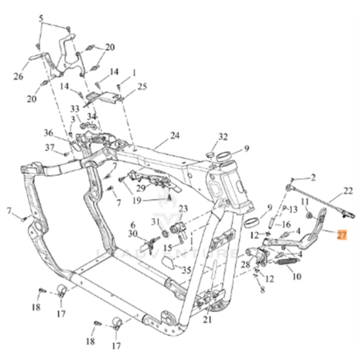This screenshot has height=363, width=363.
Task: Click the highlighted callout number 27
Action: point(342,235)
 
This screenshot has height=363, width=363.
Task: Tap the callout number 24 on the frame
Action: point(175,136)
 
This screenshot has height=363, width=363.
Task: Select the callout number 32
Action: point(223,137)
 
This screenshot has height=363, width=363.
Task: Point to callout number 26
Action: point(18,76)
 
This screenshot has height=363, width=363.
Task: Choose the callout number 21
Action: point(208,320)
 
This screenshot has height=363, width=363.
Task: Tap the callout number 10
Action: point(297,276)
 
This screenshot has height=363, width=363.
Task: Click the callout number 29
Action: point(141,188)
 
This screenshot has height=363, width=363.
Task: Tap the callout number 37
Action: point(49,147)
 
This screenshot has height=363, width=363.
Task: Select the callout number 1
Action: point(134,73)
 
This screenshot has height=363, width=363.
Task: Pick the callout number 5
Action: point(41,18)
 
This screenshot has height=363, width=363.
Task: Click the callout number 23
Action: point(183,209)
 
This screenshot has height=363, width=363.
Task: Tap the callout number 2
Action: point(313,178)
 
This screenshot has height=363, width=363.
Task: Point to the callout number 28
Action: point(246,264)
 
